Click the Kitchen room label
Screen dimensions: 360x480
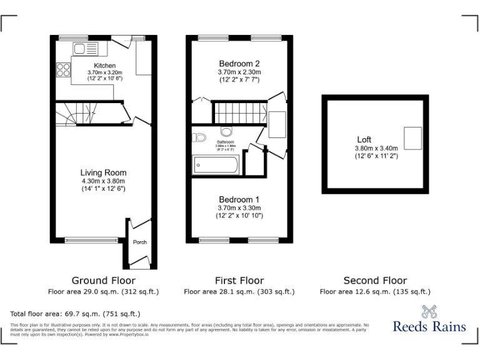tap(104, 66)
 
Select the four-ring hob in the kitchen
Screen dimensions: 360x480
tap(64, 70)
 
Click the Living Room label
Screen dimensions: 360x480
tap(103, 172)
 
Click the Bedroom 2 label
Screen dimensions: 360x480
tap(239, 63)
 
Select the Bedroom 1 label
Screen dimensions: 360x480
tap(239, 199)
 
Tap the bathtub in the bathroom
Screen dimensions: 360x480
tap(216, 165)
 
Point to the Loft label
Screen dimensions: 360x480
tap(364, 139)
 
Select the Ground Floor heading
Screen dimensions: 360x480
tap(103, 281)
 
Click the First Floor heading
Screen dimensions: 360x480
tap(239, 281)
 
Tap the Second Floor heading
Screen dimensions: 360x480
tap(375, 281)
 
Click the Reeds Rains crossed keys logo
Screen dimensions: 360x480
tap(429, 311)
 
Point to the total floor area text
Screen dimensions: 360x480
tap(75, 314)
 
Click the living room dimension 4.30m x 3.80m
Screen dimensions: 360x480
tap(103, 181)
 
